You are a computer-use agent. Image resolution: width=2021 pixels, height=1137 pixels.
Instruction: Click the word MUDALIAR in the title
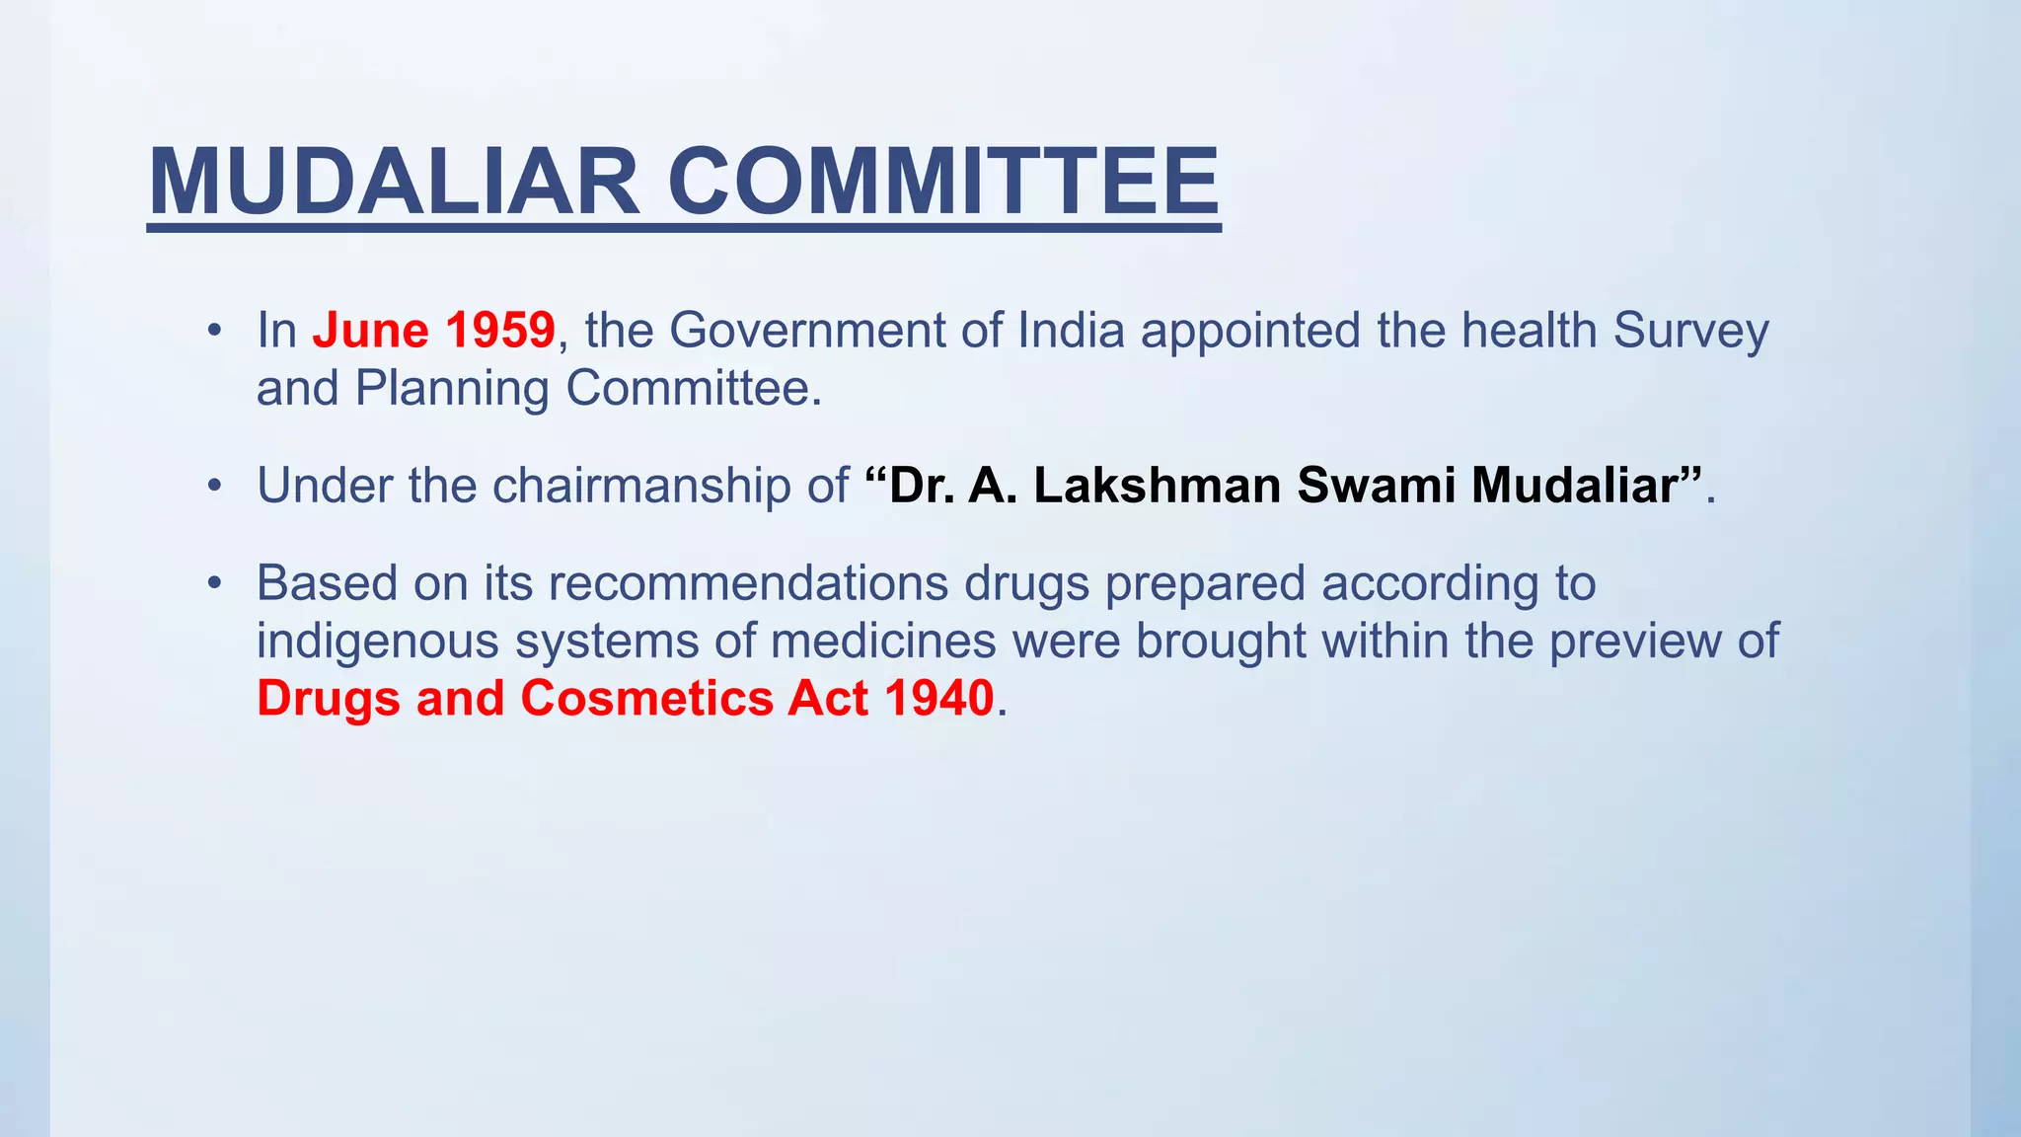pos(395,182)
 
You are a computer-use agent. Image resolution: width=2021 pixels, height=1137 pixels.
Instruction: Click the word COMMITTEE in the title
pos(943,182)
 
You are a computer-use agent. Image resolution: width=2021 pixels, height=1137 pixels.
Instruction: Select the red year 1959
pos(500,330)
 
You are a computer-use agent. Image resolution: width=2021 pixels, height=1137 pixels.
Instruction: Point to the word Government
pos(807,330)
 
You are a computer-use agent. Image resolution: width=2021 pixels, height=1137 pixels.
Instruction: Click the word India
pos(1071,330)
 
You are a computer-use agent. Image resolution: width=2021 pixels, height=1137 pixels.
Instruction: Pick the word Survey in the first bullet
pos(1690,330)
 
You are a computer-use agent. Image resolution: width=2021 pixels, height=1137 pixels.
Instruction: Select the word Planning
pos(452,389)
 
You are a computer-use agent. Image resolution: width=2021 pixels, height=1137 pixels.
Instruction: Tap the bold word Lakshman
pos(1157,486)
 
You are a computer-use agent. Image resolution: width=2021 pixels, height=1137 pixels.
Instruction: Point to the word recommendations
pos(748,582)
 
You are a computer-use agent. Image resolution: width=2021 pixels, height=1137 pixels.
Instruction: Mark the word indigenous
pos(378,641)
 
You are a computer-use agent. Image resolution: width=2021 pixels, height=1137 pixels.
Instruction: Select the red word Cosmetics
pos(646,698)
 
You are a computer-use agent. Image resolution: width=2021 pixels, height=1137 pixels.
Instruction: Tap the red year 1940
pos(938,698)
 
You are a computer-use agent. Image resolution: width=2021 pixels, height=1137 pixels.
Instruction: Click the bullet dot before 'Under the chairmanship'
pos(214,486)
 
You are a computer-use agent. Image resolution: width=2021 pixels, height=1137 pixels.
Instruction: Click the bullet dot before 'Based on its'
pos(214,582)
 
